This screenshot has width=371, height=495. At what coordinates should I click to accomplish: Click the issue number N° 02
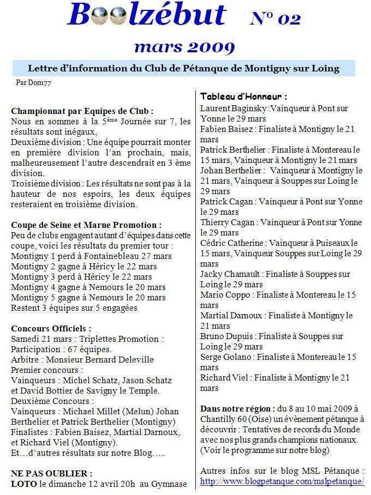point(276,19)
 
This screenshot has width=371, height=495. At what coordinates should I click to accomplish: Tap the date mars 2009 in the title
point(184,47)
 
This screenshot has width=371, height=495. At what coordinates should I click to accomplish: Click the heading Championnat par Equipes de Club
point(82,111)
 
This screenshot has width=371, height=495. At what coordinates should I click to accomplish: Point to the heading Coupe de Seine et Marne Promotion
point(86,225)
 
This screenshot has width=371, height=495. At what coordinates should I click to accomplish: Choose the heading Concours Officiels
point(51,329)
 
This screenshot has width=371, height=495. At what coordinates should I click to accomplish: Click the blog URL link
point(282,481)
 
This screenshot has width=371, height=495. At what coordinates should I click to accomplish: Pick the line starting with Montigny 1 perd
point(91,256)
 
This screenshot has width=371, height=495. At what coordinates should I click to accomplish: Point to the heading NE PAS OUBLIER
point(51,473)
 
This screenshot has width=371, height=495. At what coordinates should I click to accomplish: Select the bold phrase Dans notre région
point(237,408)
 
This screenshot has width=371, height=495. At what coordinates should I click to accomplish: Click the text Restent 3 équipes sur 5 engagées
point(74,308)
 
